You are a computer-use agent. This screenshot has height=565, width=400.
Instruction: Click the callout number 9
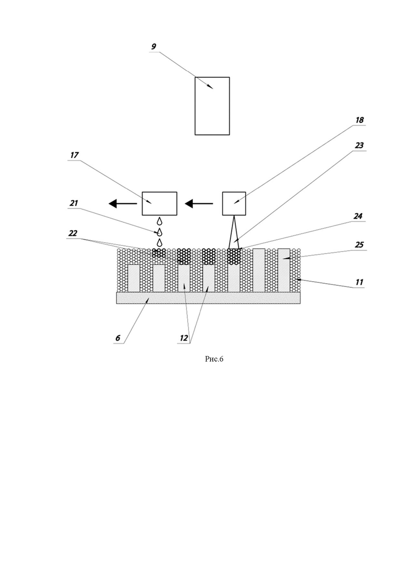[154, 47]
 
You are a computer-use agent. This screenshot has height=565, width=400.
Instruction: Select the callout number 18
[359, 120]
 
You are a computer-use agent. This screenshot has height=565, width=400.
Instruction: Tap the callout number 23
[359, 145]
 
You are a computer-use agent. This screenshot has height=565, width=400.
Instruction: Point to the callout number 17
[74, 155]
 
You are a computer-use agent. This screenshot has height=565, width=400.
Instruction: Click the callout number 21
[73, 203]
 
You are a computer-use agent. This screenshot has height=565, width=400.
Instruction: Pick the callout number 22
[73, 233]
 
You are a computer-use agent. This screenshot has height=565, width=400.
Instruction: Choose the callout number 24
[357, 216]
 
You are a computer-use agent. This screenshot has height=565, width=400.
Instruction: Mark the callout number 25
[359, 245]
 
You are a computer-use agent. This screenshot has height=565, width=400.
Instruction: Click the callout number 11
[359, 282]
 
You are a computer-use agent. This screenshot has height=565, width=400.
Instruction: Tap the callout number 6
[117, 338]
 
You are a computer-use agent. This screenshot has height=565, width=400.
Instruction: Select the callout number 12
[184, 338]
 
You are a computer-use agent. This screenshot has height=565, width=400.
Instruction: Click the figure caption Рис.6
[214, 359]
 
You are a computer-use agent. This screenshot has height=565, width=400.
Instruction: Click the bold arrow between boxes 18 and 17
[199, 203]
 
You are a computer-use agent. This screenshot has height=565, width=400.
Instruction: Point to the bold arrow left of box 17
[123, 203]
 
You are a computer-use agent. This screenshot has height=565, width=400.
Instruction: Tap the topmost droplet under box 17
[159, 221]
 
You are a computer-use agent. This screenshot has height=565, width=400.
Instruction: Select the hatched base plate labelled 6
[208, 298]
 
